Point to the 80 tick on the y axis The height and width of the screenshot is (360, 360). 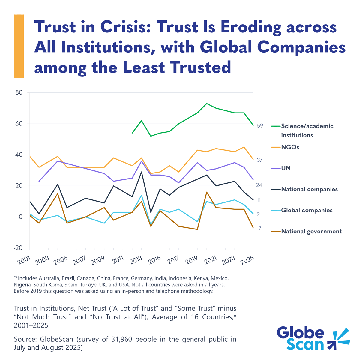coord(19,92)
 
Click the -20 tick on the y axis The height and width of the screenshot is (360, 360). coord(18,248)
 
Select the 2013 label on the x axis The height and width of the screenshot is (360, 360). coord(136,261)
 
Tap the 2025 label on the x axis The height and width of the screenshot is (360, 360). coord(248,261)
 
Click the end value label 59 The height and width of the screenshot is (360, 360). coord(260,126)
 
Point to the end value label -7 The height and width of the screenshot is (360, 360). coord(259,229)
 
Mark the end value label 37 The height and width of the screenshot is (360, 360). coord(259,160)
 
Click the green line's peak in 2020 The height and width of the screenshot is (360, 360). coord(207,103)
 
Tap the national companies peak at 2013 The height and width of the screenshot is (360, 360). coord(142,172)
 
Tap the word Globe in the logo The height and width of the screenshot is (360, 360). coord(300,333)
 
